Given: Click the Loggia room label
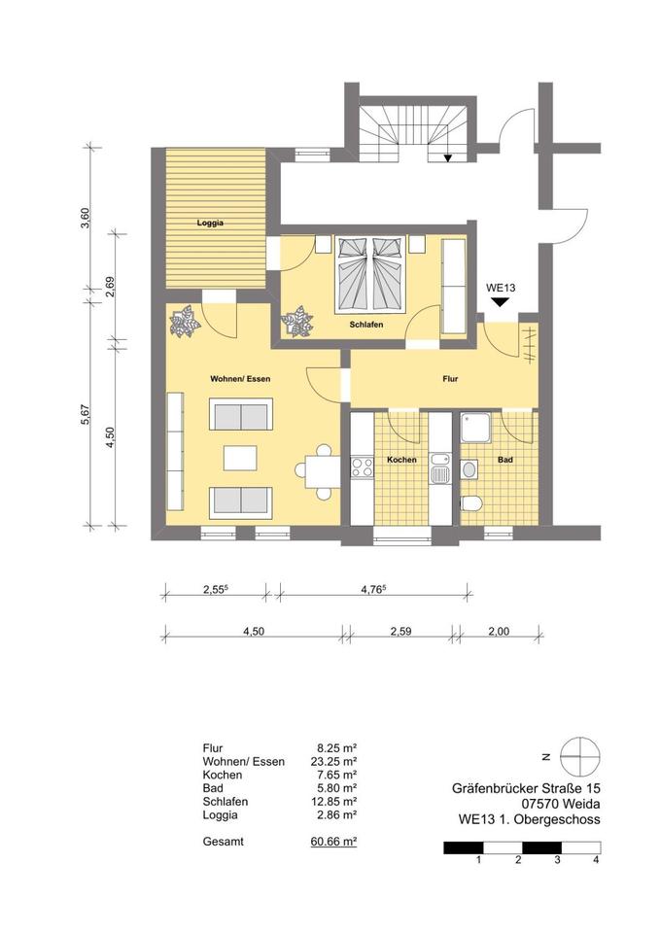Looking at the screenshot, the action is (210, 224).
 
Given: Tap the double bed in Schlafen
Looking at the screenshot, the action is (370, 273).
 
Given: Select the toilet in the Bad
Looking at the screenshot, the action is (470, 503).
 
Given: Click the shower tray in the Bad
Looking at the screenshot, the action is (475, 428).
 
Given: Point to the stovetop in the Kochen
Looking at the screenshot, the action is (362, 466).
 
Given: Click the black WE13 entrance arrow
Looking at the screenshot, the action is (499, 301).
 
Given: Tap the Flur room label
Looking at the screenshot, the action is (450, 378).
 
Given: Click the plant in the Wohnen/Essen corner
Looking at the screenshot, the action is (184, 322).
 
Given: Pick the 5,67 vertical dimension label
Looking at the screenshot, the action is (86, 415).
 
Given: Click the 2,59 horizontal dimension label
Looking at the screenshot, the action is (401, 632).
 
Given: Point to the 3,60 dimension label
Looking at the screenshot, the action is (86, 218).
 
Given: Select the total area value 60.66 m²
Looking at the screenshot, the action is (333, 842).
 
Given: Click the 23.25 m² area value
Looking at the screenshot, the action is (333, 761).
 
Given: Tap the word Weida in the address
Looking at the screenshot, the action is (581, 804).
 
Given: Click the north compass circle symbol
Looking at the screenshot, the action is (579, 757).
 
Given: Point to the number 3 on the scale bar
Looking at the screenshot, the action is (558, 860).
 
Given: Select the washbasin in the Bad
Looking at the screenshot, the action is (469, 468).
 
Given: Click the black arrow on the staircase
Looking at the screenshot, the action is (447, 157).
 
